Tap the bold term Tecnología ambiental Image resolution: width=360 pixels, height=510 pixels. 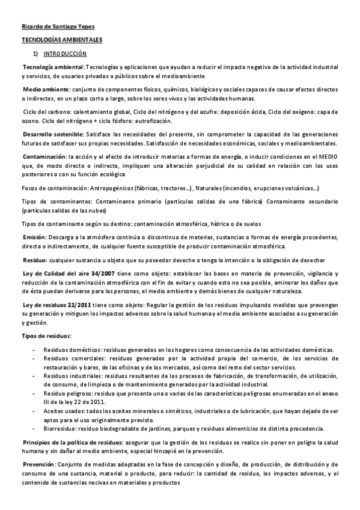pos(53,66)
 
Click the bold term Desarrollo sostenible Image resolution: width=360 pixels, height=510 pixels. pos(53,133)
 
